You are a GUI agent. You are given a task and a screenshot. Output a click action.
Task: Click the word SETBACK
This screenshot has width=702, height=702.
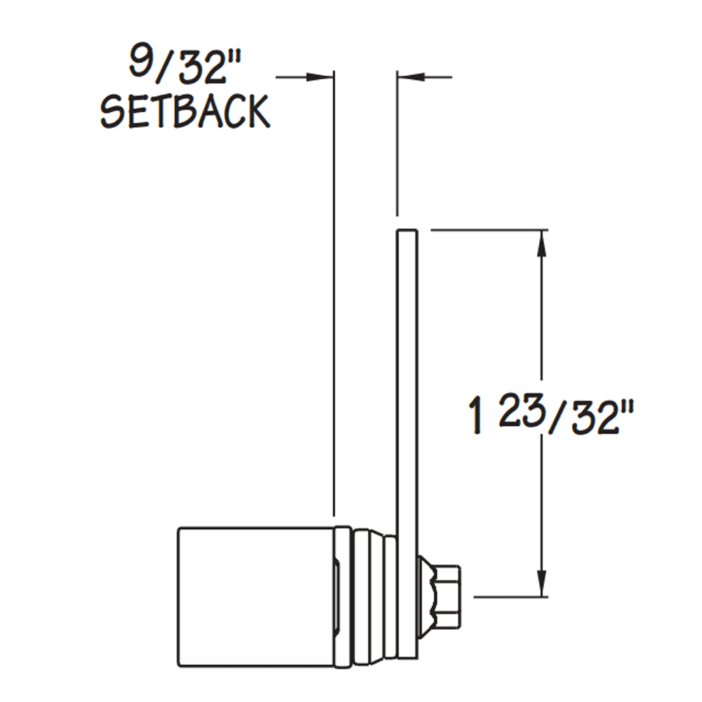pyautogui.click(x=185, y=111)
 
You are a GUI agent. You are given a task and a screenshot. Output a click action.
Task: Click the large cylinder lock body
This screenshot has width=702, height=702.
pyautogui.click(x=253, y=597)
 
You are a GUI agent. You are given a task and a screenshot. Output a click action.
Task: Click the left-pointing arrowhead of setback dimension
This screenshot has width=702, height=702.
pyautogui.click(x=410, y=76)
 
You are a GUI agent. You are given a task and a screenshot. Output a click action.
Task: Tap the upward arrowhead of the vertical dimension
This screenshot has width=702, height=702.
pyautogui.click(x=541, y=241)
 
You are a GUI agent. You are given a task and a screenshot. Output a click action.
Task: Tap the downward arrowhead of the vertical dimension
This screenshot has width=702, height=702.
pyautogui.click(x=541, y=585)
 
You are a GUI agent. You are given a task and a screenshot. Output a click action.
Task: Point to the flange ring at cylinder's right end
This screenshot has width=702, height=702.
pyautogui.click(x=343, y=597)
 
